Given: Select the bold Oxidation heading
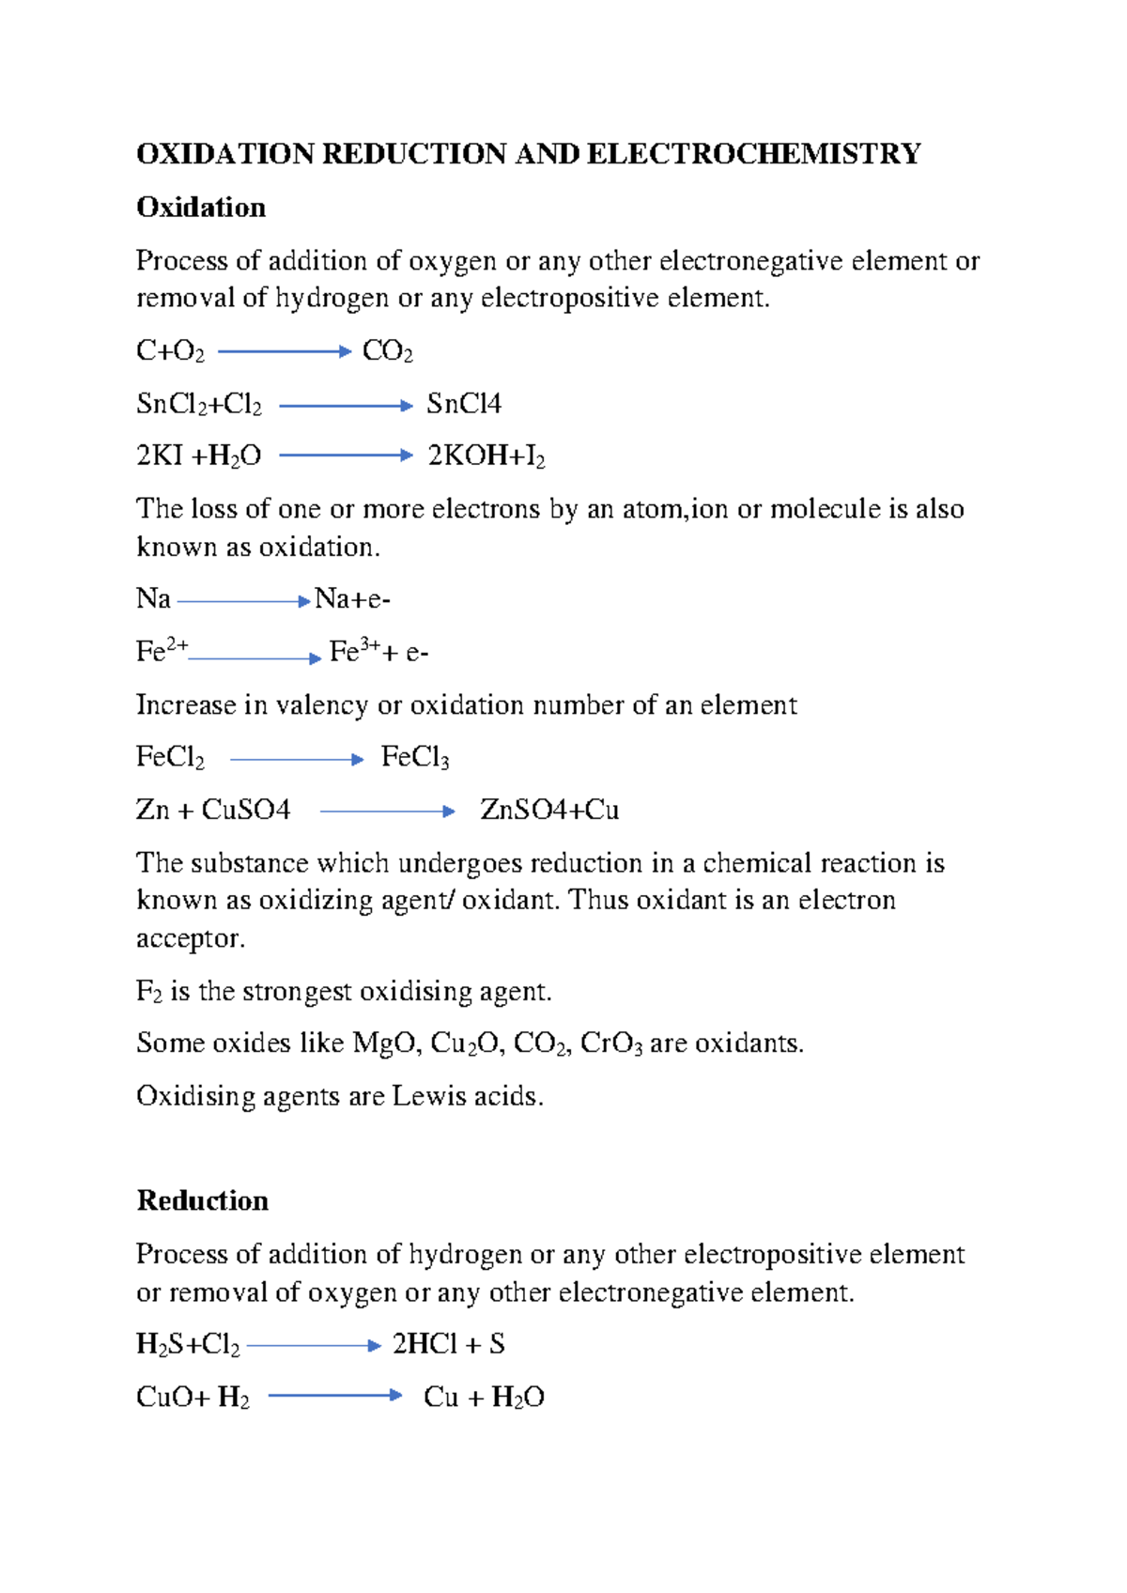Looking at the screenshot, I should point(201,207).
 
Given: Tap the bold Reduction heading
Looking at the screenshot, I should point(203,1200).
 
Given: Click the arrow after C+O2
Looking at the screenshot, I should point(284,351).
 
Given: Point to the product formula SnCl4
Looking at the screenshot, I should point(464,404).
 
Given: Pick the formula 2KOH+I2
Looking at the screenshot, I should point(486,456).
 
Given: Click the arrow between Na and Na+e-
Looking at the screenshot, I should point(243,601).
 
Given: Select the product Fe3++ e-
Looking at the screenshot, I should point(378,652).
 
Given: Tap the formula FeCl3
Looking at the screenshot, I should point(415,757).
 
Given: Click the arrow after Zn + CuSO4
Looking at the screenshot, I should point(387,811).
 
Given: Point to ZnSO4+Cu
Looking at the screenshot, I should point(549,810).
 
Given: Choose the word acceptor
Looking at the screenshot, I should point(191,938).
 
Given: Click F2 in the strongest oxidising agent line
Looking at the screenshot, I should point(148,992).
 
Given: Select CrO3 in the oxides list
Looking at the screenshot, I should point(610,1044).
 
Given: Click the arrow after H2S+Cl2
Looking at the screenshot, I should point(314,1346).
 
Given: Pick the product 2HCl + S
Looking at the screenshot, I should point(449,1344).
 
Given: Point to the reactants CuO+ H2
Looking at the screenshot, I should point(193,1398).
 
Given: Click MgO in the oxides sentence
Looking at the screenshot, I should point(386,1044).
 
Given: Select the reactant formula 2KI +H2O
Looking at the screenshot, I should point(198,456).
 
